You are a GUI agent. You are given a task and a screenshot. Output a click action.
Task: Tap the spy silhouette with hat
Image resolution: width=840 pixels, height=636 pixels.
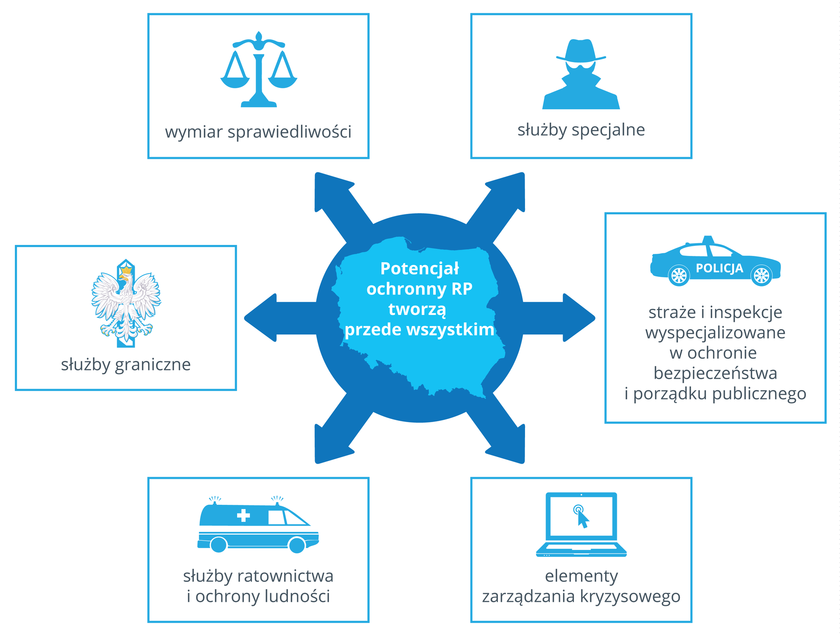point(581,74)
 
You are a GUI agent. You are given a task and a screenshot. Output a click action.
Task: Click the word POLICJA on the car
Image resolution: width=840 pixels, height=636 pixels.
point(719,268)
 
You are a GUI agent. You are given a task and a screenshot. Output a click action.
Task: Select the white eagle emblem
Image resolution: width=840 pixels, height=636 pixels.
point(126,304)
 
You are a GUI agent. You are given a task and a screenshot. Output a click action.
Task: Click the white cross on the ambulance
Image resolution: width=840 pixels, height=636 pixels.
point(243,515)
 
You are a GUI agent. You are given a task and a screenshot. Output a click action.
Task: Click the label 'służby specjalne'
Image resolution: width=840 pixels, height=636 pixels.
point(581,130)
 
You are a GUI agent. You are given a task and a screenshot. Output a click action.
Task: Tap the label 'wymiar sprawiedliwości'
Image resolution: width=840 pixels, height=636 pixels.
point(258,132)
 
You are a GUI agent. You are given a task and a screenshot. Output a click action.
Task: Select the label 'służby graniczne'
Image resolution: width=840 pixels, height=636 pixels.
point(126,364)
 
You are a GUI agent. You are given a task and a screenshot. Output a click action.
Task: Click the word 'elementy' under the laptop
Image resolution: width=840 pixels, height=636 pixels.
point(581,576)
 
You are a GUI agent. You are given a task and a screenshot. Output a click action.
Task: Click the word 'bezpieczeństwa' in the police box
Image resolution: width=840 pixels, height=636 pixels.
point(715,373)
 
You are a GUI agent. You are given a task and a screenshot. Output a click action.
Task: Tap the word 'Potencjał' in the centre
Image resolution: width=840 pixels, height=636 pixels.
point(420,269)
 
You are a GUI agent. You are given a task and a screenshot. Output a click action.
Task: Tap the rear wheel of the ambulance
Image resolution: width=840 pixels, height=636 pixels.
point(218,545)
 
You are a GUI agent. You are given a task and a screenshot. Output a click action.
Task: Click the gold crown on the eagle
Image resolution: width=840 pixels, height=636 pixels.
point(126,270)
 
